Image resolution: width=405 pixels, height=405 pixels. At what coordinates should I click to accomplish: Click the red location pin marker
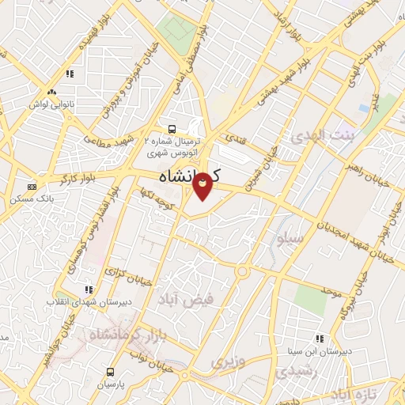[x=202, y=184]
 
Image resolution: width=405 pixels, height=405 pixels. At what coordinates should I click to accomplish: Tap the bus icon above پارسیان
[x=110, y=371]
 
